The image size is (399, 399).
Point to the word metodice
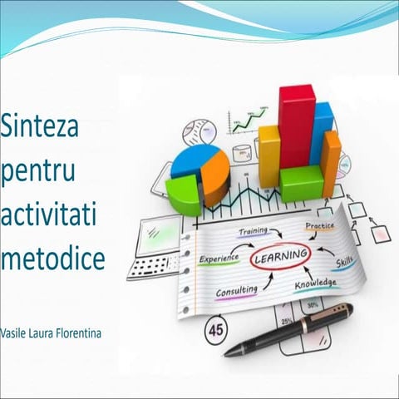pyautogui.click(x=52, y=259)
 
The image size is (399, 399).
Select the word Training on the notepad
pyautogui.click(x=253, y=230)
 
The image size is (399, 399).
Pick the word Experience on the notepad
pyautogui.click(x=219, y=259)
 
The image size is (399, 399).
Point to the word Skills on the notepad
pyautogui.click(x=343, y=264)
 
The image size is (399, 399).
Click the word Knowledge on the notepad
pyautogui.click(x=315, y=284)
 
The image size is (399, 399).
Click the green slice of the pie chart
pyautogui.click(x=184, y=195)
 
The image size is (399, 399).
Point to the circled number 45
pyautogui.click(x=216, y=330)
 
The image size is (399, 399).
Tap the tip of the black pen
pyautogui.click(x=227, y=353)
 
